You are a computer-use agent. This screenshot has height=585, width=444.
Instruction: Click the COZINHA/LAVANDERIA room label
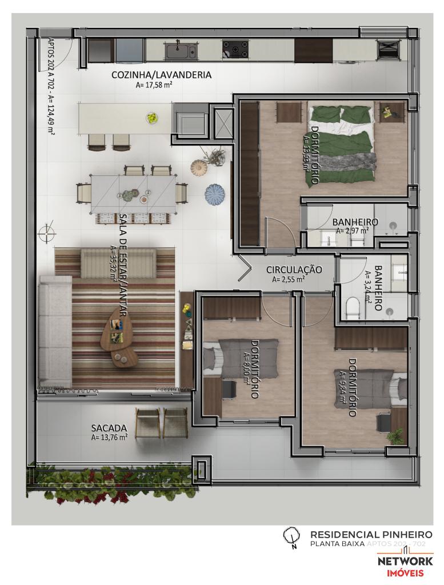[x=161, y=75]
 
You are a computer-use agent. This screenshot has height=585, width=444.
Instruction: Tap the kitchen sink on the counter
[x=180, y=51]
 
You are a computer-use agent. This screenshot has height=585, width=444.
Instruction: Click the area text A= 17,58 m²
[x=154, y=86]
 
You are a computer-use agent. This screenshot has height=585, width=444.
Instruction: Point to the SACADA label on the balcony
[x=109, y=428]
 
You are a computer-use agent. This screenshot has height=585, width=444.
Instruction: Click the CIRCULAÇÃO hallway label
[x=294, y=269]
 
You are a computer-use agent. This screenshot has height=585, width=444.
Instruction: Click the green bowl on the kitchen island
[x=152, y=118]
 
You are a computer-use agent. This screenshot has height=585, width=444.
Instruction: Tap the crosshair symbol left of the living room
[x=46, y=234]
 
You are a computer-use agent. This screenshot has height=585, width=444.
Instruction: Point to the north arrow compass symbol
[x=291, y=536]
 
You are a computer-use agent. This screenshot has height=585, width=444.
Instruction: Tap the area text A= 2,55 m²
[x=288, y=280]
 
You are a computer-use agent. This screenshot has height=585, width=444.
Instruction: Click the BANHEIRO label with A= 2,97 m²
[x=355, y=222]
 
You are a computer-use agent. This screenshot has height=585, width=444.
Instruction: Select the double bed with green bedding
[x=342, y=145]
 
